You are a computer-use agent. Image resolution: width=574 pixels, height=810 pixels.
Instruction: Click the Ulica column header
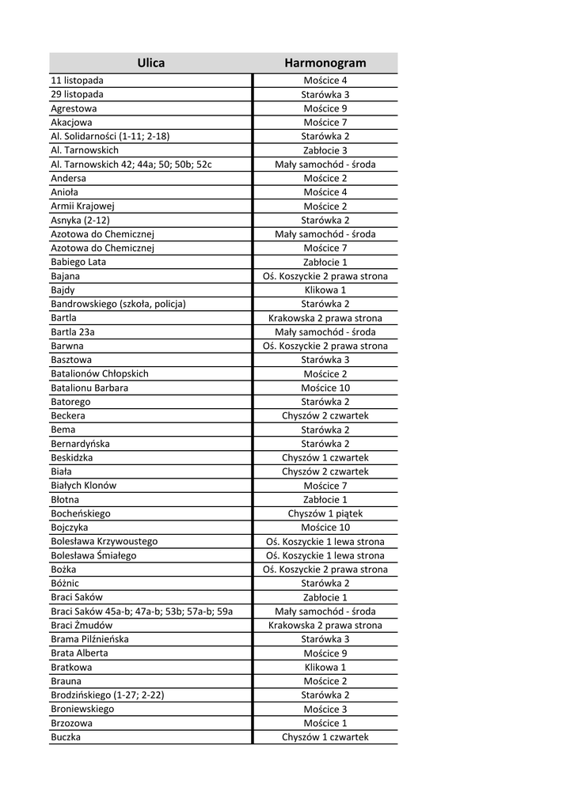point(150,62)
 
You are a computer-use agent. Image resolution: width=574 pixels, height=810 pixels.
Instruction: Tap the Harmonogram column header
point(325,62)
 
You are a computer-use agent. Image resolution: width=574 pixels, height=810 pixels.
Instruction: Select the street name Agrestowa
point(74,108)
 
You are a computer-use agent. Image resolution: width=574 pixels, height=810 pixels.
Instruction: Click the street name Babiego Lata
point(78,262)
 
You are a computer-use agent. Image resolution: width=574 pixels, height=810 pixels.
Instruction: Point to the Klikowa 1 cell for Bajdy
point(325,290)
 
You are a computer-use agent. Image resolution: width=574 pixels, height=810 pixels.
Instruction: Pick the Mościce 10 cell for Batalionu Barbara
point(325,388)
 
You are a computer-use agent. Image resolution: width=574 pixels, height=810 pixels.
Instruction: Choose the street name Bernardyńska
point(80,444)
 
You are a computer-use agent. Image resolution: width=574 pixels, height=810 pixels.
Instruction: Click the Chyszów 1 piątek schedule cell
point(325,513)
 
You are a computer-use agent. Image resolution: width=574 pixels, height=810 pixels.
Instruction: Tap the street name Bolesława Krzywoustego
point(104,541)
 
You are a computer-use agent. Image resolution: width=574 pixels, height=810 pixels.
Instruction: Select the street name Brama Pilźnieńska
point(89,639)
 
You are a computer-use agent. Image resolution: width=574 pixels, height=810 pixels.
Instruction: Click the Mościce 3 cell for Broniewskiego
point(325,709)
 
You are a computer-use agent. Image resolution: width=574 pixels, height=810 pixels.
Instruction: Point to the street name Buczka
point(66,737)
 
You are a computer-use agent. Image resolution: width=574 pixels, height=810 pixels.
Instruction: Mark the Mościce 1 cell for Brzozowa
point(325,723)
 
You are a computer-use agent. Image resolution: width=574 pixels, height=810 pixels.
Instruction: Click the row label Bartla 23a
point(72,332)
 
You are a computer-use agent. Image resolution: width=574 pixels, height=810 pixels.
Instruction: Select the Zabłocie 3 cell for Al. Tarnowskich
point(325,150)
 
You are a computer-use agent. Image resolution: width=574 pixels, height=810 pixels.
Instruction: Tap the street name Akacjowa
point(71,123)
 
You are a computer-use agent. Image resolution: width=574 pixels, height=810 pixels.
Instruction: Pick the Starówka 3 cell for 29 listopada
point(325,94)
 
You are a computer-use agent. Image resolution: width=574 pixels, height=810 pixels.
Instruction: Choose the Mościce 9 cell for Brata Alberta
point(325,653)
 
